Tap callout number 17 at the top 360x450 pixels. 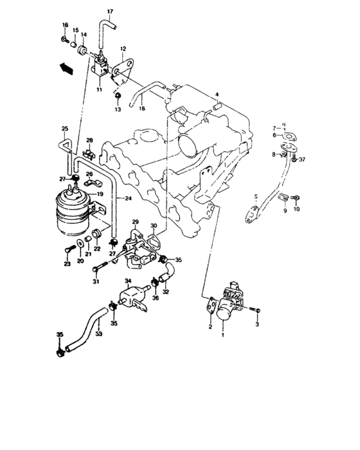click(109, 12)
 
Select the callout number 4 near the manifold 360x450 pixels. click(218, 94)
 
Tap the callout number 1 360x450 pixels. click(223, 335)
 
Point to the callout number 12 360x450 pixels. click(123, 48)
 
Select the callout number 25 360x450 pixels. click(64, 129)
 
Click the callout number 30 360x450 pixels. click(154, 226)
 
